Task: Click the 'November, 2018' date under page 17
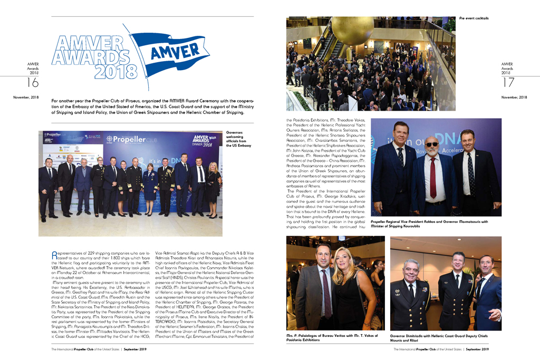[514, 98]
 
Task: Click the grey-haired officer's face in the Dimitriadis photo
[410, 270]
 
